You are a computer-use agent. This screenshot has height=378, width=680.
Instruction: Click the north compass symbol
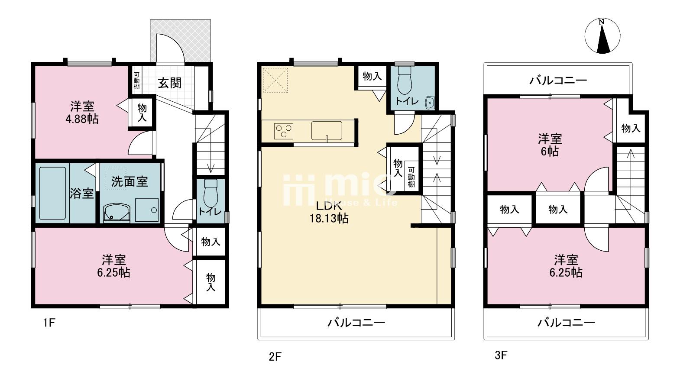point(602,36)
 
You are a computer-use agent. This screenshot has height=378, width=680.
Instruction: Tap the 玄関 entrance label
point(170,83)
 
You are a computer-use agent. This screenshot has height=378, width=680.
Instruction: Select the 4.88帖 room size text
point(82,119)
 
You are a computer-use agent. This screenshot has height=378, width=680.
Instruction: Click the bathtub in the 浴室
point(52,193)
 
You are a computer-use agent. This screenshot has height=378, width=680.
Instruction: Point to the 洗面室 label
point(130,181)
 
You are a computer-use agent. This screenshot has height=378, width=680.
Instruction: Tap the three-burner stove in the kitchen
point(284,131)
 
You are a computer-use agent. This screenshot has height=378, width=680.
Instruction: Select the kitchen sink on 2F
point(327,131)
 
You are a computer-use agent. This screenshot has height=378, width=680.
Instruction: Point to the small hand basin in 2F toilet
point(430,103)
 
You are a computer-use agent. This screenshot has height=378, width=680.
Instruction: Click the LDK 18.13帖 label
point(329,212)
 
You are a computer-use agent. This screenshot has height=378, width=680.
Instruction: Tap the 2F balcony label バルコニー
point(356,323)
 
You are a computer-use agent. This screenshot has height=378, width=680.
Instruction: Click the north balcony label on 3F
point(558,81)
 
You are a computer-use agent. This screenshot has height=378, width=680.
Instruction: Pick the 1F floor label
point(49,323)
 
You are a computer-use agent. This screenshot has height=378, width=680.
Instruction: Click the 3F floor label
point(501,355)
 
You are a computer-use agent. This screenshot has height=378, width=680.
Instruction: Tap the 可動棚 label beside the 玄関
point(137,81)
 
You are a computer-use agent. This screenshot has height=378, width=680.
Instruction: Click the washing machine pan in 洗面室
point(147,210)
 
